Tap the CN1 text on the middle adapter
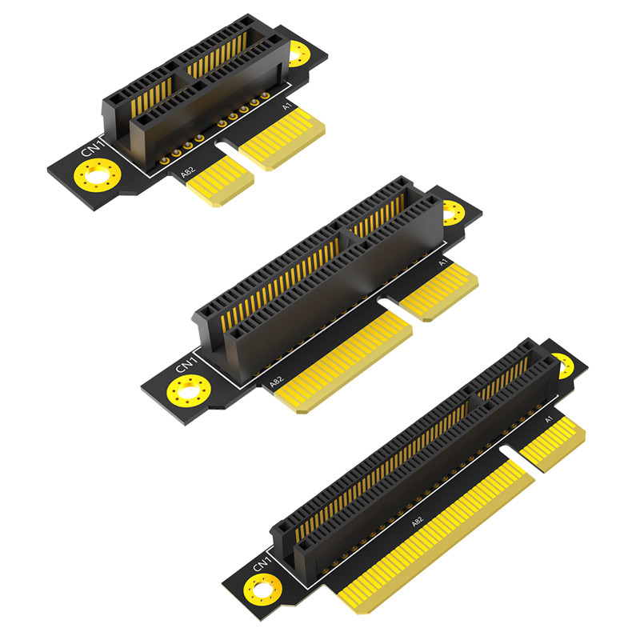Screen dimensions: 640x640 186,365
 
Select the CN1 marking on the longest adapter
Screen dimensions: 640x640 262,564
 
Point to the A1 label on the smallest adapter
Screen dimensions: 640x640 287,106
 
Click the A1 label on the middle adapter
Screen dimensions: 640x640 443,262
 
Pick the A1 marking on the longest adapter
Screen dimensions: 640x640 549,419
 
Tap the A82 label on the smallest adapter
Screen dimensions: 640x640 188,172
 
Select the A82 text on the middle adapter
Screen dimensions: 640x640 276,382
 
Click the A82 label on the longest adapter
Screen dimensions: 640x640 417,522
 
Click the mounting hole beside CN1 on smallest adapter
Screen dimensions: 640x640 97,175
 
